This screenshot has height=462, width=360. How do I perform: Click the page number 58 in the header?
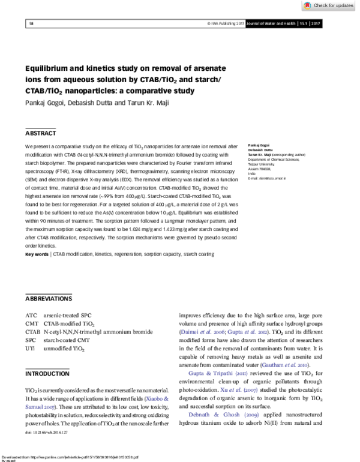pyautogui.click(x=31, y=23)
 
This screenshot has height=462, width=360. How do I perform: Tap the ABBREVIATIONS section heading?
pyautogui.click(x=49, y=298)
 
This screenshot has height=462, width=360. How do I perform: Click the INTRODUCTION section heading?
pyautogui.click(x=47, y=374)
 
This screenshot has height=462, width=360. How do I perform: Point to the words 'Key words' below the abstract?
pyautogui.click(x=37, y=271)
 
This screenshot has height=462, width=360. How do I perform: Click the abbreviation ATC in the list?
pyautogui.click(x=31, y=314)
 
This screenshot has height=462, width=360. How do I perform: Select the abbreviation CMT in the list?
pyautogui.click(x=32, y=323)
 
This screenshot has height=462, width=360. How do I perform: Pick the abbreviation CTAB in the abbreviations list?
pyautogui.click(x=33, y=331)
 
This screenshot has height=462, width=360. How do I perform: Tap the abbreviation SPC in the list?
pyautogui.click(x=31, y=340)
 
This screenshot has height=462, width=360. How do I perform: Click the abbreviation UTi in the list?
pyautogui.click(x=31, y=348)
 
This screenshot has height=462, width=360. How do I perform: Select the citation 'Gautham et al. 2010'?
pyautogui.click(x=294, y=365)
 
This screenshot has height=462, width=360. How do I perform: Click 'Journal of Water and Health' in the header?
pyautogui.click(x=263, y=23)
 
